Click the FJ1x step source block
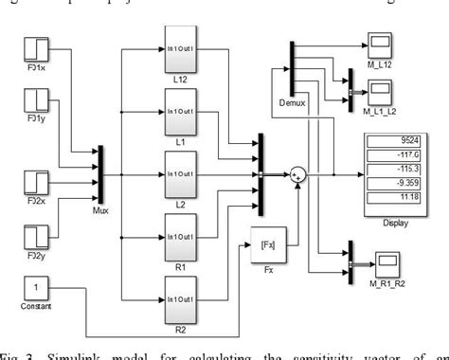click(x=35, y=49)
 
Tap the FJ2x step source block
click(x=35, y=182)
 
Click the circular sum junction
click(x=299, y=173)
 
